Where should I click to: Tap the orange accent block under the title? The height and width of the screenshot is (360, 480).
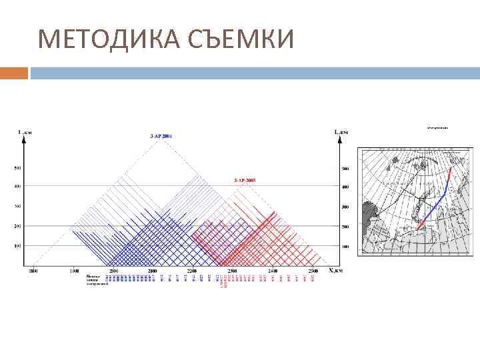(13, 73)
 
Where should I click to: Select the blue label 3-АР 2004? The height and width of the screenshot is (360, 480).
(161, 136)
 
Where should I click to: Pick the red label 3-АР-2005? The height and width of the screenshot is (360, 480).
(245, 181)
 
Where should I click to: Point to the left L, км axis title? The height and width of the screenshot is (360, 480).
(25, 132)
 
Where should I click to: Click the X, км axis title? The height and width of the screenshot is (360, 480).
(335, 271)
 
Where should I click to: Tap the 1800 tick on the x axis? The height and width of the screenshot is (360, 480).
(33, 271)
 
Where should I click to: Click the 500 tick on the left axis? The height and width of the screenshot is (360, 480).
(18, 167)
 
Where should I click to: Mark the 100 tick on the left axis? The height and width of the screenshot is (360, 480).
(18, 247)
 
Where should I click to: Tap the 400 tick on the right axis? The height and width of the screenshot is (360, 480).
(345, 186)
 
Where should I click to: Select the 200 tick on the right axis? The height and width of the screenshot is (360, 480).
(345, 227)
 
